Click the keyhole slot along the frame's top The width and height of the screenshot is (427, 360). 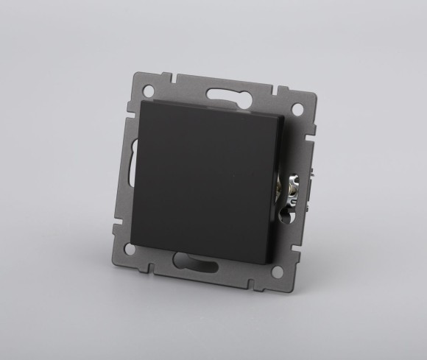point(225,96)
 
